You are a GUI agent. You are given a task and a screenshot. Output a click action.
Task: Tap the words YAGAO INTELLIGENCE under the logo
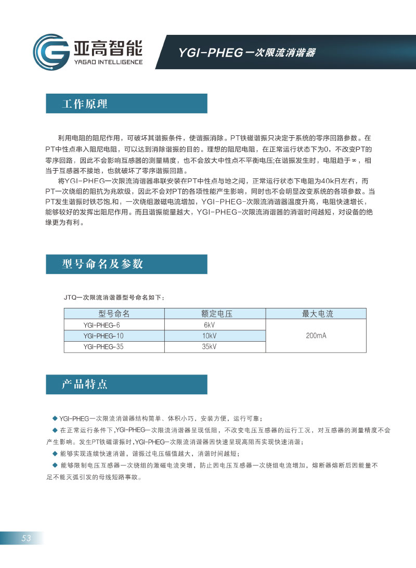tap(106, 61)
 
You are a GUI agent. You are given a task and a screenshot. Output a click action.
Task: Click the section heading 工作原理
tap(85, 104)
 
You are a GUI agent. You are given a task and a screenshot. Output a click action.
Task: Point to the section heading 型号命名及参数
tap(102, 264)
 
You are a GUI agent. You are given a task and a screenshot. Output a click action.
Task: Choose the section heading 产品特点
tap(85, 385)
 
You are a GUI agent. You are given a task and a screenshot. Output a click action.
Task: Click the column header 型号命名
tap(114, 314)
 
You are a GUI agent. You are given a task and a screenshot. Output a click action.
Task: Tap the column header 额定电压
tap(215, 314)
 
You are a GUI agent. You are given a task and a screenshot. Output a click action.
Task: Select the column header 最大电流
tap(317, 314)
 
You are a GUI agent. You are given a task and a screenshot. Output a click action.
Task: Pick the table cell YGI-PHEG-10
tap(103, 335)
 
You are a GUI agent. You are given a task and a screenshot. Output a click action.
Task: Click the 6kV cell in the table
tap(210, 325)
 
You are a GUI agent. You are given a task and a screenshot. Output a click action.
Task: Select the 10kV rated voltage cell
tap(210, 335)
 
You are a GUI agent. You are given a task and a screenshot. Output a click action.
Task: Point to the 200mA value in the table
tap(316, 335)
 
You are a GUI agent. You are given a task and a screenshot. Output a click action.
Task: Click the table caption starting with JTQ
tap(114, 298)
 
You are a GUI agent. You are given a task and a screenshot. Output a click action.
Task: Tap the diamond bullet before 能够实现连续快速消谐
tap(54, 453)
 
